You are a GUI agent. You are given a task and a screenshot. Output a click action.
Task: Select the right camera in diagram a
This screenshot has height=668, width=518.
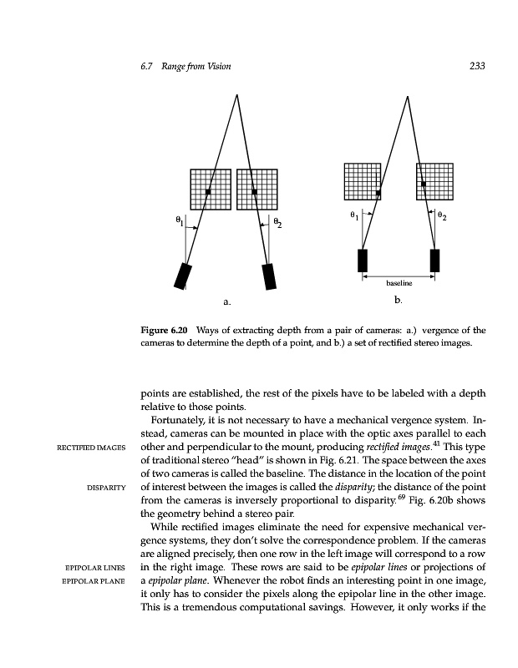point(269,276)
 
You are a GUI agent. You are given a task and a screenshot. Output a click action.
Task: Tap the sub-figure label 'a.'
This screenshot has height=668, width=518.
point(226,299)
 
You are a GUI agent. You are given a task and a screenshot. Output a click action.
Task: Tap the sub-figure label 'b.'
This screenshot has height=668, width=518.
point(398,298)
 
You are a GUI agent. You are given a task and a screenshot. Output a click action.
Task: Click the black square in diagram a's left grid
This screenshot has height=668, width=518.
point(207,192)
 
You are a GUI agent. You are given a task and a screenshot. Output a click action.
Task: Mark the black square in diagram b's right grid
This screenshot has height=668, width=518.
point(424,183)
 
